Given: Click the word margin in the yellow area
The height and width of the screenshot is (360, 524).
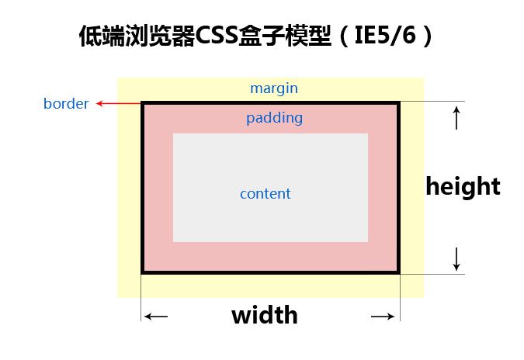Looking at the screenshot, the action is coord(274,88).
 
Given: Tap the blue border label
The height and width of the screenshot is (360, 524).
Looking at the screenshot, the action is coord(66,103).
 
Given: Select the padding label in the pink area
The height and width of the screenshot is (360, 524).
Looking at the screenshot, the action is coord(274,118).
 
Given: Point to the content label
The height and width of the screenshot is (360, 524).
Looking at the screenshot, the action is coord(265,194).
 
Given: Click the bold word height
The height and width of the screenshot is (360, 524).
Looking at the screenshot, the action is coord(463,186).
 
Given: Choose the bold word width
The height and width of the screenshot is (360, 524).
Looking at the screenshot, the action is coord(265,314).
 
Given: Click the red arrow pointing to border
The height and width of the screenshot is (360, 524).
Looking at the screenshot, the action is coord(119,103).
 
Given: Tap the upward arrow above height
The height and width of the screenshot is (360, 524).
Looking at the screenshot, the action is coord(456,118).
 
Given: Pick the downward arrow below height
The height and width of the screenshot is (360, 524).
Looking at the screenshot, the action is coord(456,259).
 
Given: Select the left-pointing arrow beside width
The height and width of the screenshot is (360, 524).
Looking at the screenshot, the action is coord(156,316).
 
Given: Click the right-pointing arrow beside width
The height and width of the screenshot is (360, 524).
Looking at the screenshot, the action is coord(383,316).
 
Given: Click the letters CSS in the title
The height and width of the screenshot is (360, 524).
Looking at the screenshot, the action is coord(216,35).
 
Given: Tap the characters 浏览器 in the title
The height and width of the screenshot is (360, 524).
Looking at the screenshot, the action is coord(160,36).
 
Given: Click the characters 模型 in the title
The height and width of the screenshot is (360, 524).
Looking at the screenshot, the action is coord(307,36).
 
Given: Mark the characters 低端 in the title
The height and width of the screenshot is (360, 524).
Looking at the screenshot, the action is coord(102,36).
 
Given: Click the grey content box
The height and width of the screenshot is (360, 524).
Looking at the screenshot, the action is coord(270,188).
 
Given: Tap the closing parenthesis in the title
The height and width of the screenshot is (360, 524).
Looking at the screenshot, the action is coord(427,36).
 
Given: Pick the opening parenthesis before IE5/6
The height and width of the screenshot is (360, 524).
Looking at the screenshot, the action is coord(343,36).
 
